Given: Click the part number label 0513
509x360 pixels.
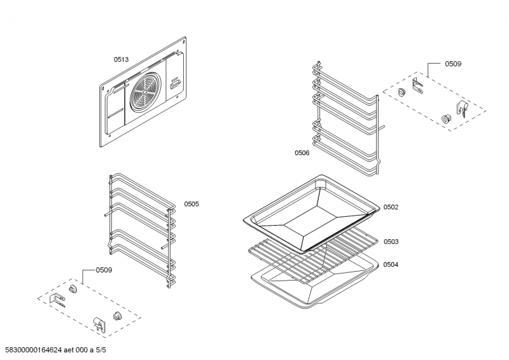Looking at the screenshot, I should pyautogui.click(x=121, y=59).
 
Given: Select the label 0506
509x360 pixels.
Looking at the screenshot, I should pyautogui.click(x=302, y=153).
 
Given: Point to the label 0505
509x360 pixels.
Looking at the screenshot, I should pyautogui.click(x=192, y=204).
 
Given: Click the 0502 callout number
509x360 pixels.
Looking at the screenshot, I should pyautogui.click(x=391, y=207).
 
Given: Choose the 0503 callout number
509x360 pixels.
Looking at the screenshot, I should pyautogui.click(x=391, y=241).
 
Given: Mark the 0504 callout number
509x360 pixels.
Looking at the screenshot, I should pyautogui.click(x=391, y=264).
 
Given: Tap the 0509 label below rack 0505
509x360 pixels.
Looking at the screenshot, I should pyautogui.click(x=104, y=270).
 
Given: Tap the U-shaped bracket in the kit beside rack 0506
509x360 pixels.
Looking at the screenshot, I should pyautogui.click(x=417, y=85).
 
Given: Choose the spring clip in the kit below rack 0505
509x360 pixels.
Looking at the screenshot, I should pyautogui.click(x=99, y=323).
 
